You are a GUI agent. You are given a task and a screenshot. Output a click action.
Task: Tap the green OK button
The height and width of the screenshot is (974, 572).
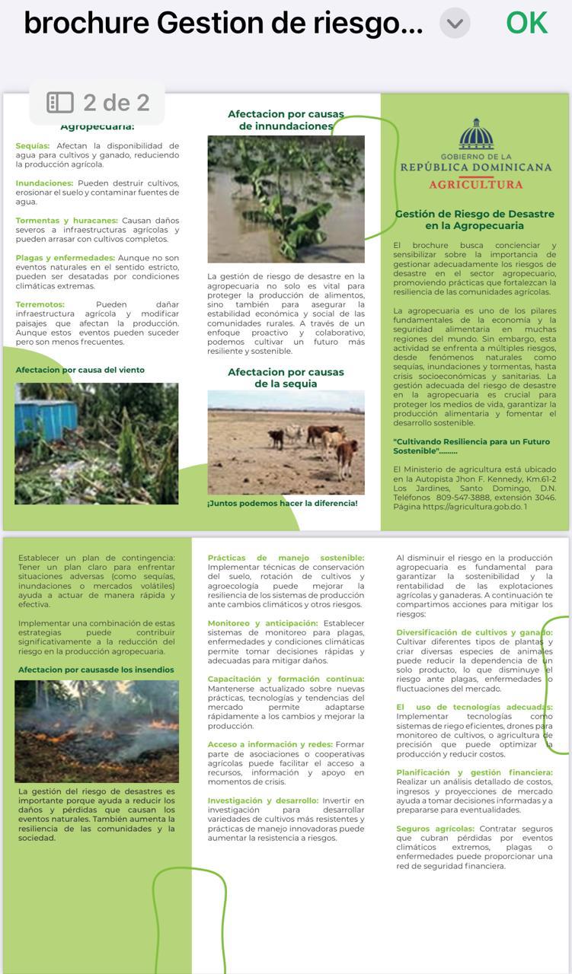coord(526,23)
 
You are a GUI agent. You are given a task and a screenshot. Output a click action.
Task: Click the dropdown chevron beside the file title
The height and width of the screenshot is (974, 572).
coord(455,24)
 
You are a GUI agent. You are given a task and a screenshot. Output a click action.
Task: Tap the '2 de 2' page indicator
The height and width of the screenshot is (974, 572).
coord(97,103)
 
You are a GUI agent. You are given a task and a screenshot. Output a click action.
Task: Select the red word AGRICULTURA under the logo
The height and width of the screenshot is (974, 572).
coord(476,184)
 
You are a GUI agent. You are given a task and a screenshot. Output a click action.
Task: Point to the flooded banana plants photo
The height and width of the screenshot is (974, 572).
coord(286,199)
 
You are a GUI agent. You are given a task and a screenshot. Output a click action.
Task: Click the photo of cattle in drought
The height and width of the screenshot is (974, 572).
coord(286,442)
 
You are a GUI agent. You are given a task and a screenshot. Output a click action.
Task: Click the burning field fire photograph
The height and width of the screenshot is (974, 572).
coord(97,730)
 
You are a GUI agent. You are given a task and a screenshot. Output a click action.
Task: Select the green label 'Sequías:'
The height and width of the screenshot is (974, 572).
coord(33,145)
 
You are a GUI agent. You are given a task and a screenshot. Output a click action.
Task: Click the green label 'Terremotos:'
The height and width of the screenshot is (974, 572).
coord(40,304)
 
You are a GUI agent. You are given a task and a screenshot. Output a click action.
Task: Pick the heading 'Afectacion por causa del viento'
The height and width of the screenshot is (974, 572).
coord(80,370)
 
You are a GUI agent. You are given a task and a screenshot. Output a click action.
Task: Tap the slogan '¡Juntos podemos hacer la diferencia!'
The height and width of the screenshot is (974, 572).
coord(283,503)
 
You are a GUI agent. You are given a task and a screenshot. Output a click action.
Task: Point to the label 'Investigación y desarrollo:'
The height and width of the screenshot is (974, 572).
coord(263,801)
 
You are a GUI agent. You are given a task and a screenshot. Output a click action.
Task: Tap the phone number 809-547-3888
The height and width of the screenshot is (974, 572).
coord(465,498)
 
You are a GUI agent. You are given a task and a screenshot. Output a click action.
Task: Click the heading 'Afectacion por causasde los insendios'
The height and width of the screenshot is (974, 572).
coord(96,670)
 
